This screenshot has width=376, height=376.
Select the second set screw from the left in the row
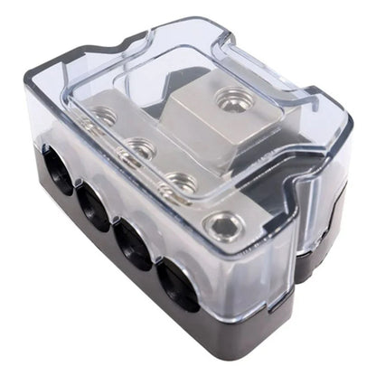pyautogui.click(x=138, y=145)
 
